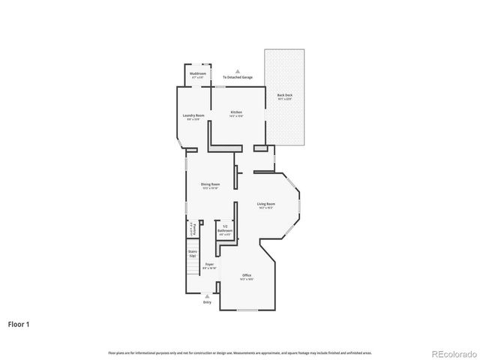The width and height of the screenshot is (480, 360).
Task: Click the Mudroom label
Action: [198, 74]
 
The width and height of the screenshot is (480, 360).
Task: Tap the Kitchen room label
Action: [236, 113]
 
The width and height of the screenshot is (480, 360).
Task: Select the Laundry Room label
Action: [193, 116]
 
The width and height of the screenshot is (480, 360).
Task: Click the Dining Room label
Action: [210, 185]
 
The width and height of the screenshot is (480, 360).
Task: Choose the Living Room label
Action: [266, 205]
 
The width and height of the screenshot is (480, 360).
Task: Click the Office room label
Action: [247, 277]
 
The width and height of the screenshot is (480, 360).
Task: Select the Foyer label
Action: [210, 265]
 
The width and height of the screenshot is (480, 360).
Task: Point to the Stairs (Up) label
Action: [192, 253]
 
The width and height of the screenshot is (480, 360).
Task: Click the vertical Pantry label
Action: [193, 228]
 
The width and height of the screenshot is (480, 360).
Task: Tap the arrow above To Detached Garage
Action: [238, 70]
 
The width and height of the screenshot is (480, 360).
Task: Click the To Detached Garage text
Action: [238, 77]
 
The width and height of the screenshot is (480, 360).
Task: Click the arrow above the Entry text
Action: [207, 296]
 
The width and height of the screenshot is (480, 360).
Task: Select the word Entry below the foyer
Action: [207, 302]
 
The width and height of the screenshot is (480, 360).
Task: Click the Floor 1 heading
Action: [19, 325]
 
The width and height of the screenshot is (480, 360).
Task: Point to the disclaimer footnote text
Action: [239, 352]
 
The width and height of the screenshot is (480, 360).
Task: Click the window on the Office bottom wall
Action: [247, 310]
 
